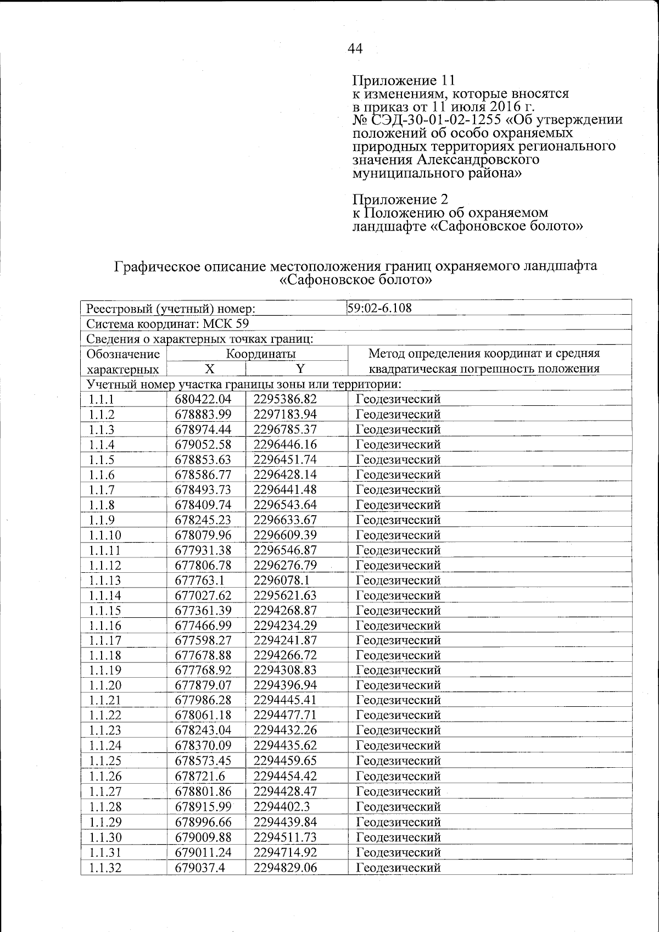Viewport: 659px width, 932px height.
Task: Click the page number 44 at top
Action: click(355, 49)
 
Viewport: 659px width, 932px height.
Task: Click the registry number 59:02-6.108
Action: click(380, 308)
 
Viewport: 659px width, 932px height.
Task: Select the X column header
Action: click(210, 369)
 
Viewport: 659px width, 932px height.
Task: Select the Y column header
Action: click(300, 369)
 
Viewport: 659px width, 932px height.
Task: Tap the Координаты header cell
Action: click(261, 354)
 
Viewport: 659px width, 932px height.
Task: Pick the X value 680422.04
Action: click(203, 399)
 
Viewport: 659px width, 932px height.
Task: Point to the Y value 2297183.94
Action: click(285, 414)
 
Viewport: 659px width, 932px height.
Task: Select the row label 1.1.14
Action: click(104, 595)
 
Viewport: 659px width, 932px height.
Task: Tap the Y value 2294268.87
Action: click(285, 610)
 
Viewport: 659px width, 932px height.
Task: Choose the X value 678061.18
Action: click(203, 715)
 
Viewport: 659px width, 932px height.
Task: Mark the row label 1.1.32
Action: click(104, 868)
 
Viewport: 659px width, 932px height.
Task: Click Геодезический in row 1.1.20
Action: click(398, 685)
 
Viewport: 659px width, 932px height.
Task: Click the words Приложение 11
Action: click(403, 81)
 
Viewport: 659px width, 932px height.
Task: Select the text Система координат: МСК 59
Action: click(167, 323)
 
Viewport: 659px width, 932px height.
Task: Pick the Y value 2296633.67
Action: click(285, 520)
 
